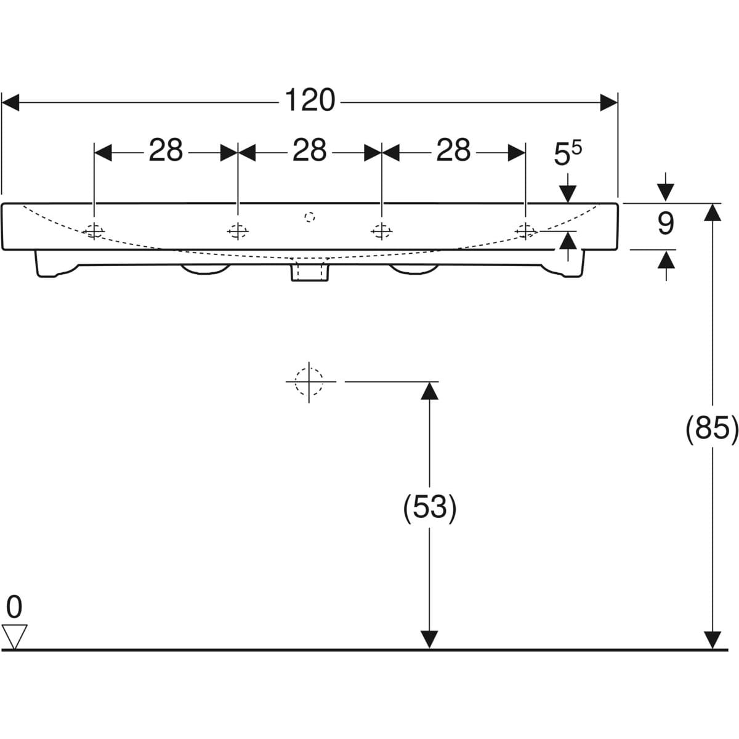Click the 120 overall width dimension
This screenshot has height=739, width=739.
pos(310,101)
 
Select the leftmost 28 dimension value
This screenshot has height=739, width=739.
pos(166,151)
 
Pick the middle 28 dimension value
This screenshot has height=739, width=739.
pos(310,151)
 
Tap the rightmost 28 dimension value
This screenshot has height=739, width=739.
pos(454,151)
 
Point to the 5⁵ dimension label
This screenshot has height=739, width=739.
pos(567,155)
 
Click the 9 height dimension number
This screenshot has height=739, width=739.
pos(665,224)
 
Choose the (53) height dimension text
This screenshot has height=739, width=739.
pos(429,508)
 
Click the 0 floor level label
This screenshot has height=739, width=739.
pos(14,607)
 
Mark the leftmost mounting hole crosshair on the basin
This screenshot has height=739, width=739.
pos(94,232)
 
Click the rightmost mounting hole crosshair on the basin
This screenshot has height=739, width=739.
pos(525,232)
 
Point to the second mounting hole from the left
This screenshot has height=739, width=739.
pos(238,232)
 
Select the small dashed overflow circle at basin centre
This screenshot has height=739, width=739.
pos(310,216)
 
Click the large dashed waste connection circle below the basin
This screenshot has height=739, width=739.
pos(309,381)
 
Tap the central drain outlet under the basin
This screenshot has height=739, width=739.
pos(310,270)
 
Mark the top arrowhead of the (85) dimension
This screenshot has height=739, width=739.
pos(713,212)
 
